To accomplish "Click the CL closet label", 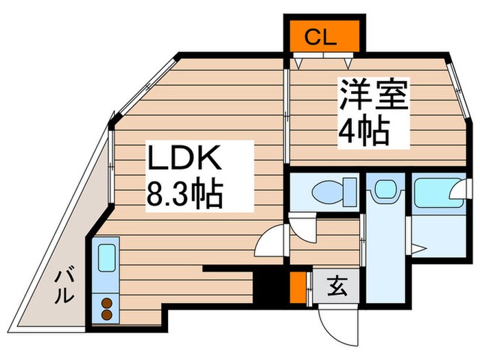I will (x=321, y=37).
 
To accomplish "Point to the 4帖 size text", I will (x=363, y=130).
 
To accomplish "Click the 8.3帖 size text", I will (x=184, y=195).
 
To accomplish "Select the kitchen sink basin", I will (x=106, y=259).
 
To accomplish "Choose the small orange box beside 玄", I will (x=297, y=288).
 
